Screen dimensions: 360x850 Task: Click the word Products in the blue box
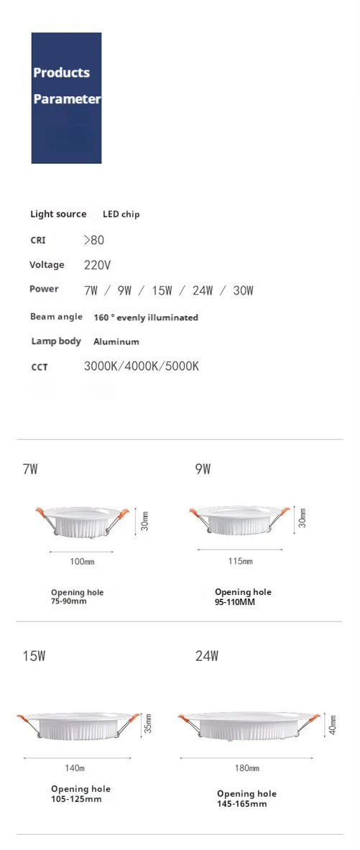(x=61, y=73)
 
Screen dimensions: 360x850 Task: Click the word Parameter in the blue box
(x=67, y=99)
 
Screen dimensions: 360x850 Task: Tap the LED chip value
(x=121, y=214)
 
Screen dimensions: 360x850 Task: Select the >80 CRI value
(x=94, y=240)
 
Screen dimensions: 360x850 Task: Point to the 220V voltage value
(x=97, y=265)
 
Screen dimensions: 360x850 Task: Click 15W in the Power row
(x=162, y=291)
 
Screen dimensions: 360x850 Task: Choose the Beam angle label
(x=56, y=317)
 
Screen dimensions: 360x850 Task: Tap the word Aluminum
(x=116, y=342)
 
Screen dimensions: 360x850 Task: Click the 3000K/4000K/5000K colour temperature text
(x=141, y=366)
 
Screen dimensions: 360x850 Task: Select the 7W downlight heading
(x=30, y=470)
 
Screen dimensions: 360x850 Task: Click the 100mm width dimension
(x=82, y=561)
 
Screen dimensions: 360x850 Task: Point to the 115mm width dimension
(x=240, y=561)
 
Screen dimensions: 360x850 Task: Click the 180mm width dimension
(x=246, y=769)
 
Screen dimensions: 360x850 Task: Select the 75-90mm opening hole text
(x=68, y=601)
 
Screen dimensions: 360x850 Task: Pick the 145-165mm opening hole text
(x=242, y=803)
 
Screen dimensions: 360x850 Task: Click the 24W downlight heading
(x=207, y=656)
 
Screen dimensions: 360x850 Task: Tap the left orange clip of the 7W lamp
(x=41, y=512)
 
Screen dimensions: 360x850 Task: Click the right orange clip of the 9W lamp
(x=284, y=512)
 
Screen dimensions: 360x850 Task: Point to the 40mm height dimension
(x=333, y=724)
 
